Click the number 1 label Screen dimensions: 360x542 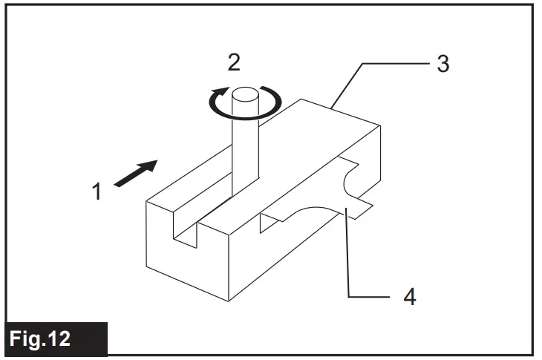(97, 192)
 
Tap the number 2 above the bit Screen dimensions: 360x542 (234, 62)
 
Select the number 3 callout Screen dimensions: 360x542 (443, 64)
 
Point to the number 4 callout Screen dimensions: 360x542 (409, 298)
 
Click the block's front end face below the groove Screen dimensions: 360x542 (186, 264)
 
